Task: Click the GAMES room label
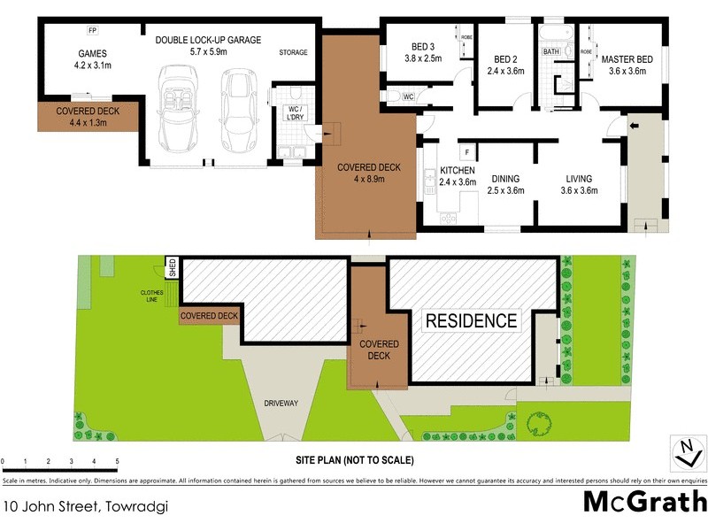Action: pyautogui.click(x=92, y=52)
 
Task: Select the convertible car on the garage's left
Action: pyautogui.click(x=180, y=108)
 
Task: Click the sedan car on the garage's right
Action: pyautogui.click(x=236, y=111)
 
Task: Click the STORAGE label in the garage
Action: pyautogui.click(x=293, y=52)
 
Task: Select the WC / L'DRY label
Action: pyautogui.click(x=290, y=114)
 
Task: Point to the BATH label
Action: pyautogui.click(x=550, y=52)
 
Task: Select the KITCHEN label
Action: pyautogui.click(x=458, y=170)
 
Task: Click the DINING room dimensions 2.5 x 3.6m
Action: pyautogui.click(x=506, y=190)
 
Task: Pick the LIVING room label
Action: pyautogui.click(x=579, y=178)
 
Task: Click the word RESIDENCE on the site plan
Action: pyautogui.click(x=471, y=320)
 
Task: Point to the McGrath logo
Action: pyautogui.click(x=644, y=500)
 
